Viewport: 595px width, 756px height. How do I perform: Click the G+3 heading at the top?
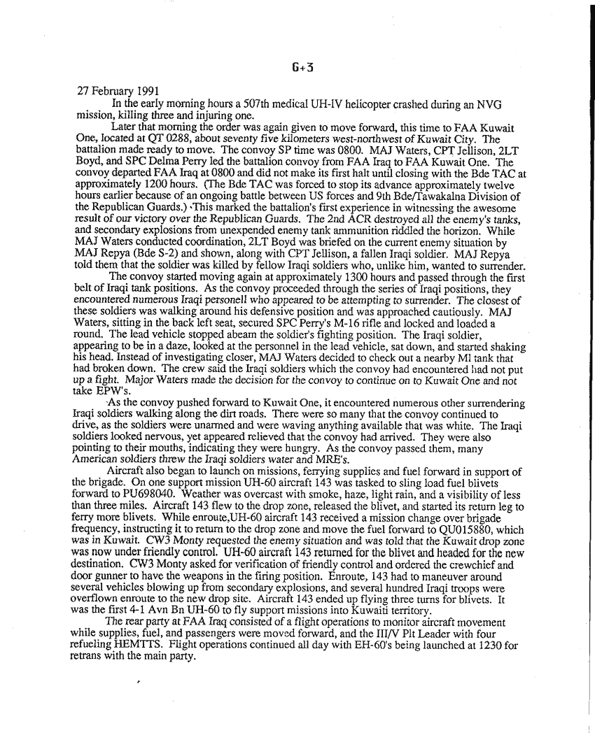(297, 68)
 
